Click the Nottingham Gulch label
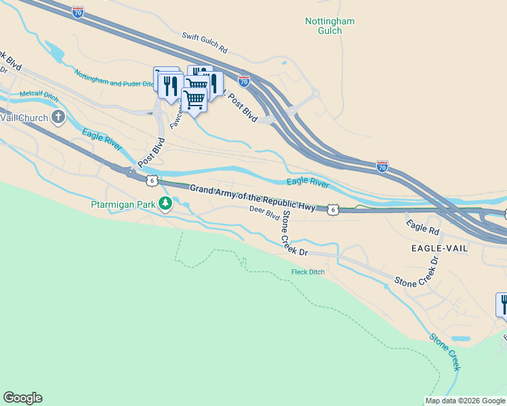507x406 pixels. [x=329, y=26]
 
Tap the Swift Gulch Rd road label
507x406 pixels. [x=205, y=42]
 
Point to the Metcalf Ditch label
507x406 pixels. [x=39, y=95]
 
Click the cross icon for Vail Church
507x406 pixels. [x=58, y=118]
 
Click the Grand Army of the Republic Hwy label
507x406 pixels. [x=251, y=198]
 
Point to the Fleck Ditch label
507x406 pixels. [x=303, y=272]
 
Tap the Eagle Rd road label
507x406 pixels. [x=422, y=227]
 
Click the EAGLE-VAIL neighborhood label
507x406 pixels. [x=439, y=248]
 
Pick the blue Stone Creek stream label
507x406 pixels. [x=445, y=351]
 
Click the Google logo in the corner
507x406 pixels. [x=22, y=398]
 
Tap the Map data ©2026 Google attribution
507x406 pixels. [x=465, y=401]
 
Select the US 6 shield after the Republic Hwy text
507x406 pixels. [x=332, y=210]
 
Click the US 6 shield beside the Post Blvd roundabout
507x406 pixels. [x=152, y=180]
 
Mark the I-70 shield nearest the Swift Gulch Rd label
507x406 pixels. [x=244, y=81]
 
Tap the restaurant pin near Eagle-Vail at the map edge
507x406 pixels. [x=502, y=305]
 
